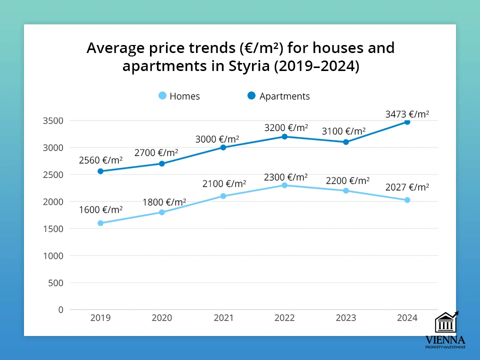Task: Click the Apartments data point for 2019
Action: tap(100, 171)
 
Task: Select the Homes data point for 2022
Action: tap(284, 185)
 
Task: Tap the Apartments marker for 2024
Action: tap(407, 122)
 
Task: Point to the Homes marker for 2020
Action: tap(162, 212)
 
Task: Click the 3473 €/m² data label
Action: tap(407, 114)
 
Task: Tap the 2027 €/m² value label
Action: tap(407, 187)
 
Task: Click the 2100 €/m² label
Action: tap(223, 183)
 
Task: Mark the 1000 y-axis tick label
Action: tap(53, 255)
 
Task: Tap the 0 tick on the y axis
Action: tap(61, 309)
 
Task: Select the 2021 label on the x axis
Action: tap(223, 318)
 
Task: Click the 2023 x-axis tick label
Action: tap(345, 318)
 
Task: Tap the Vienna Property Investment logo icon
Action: tap(446, 322)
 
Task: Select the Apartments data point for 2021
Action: tap(223, 147)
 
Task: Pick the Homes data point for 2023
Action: tap(345, 190)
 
